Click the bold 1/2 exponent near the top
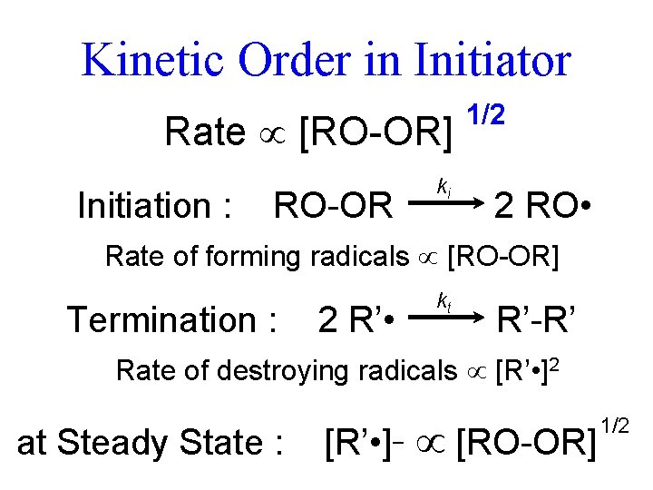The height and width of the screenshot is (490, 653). (485, 114)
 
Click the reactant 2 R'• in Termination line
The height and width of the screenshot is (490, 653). (356, 319)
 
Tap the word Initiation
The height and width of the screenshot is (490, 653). (145, 206)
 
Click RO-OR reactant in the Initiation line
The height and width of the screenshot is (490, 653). (333, 206)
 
